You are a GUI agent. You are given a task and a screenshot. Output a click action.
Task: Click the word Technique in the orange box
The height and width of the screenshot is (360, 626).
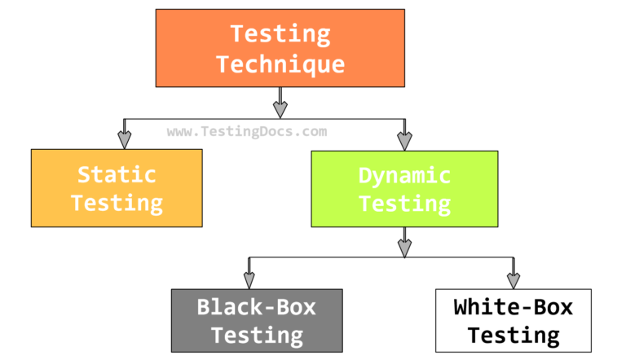(x=280, y=64)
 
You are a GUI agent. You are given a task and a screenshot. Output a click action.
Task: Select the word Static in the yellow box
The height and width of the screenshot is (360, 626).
(x=117, y=174)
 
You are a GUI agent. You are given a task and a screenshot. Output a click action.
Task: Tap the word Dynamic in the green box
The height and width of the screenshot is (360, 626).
(x=404, y=174)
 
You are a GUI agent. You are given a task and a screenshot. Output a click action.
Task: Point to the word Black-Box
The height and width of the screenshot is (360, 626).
(x=256, y=307)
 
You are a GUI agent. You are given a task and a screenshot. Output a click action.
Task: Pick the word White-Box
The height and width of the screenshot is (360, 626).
(x=513, y=307)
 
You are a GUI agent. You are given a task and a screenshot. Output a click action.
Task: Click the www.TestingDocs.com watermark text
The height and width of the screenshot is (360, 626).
(x=247, y=131)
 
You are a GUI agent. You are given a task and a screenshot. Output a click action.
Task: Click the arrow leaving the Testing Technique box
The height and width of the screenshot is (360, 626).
(x=280, y=103)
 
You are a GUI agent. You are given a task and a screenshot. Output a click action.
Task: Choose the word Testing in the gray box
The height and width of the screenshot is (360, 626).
(x=256, y=334)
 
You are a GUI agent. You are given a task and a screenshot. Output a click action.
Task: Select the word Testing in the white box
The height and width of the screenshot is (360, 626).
(x=513, y=335)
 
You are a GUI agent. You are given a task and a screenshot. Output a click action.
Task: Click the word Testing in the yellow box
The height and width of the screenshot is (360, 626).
(x=117, y=203)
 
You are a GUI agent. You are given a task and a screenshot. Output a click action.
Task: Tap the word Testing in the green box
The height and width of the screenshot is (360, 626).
(x=404, y=203)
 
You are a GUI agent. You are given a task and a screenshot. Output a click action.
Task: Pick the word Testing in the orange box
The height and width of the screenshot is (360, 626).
(x=280, y=34)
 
